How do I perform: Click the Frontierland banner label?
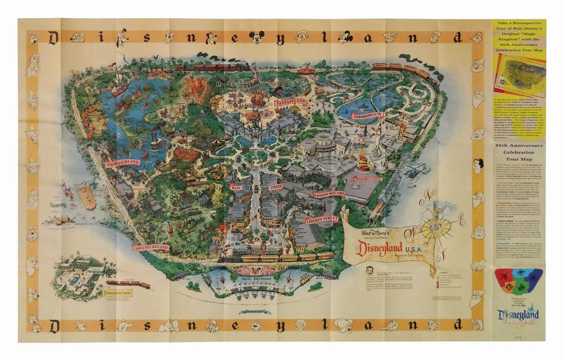coord(122,163)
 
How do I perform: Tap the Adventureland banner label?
coord(151,247)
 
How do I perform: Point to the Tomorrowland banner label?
coord(366,115)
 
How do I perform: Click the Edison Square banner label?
coord(329,194)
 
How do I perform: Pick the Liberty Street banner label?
coord(321,220)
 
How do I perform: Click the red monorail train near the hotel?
coord(128,283)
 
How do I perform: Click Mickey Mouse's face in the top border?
coord(257,37)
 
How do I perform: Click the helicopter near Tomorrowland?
coord(415,172)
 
